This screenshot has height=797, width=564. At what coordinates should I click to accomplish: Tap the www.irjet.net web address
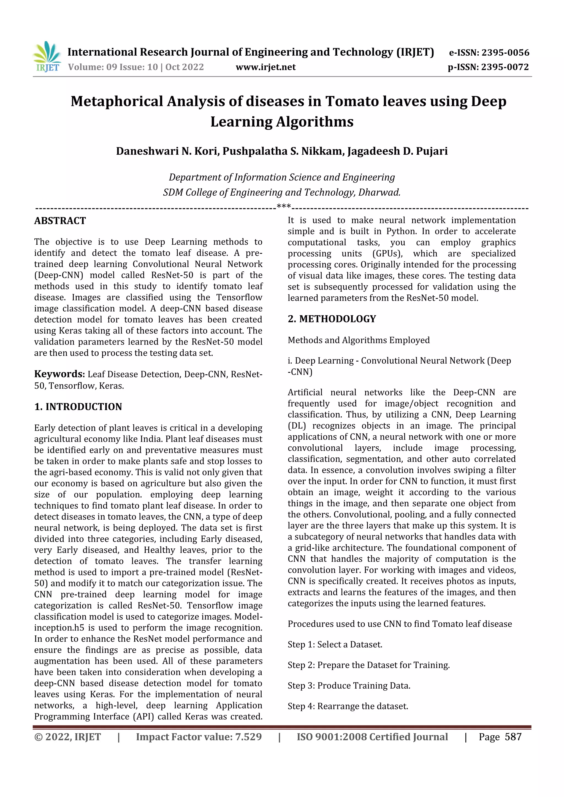(266, 67)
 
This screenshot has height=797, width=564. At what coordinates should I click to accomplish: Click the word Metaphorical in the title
(117, 101)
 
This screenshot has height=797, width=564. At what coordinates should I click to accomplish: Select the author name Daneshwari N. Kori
(168, 151)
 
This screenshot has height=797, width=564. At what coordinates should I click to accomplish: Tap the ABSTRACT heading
(60, 221)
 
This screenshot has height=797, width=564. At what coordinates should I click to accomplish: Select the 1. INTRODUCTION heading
(78, 407)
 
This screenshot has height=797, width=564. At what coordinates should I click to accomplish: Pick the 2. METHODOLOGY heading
(332, 319)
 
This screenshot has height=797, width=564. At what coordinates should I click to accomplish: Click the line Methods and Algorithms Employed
(358, 340)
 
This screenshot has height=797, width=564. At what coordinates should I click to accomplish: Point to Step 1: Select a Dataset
(335, 645)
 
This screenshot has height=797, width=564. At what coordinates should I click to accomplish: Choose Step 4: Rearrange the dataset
(348, 706)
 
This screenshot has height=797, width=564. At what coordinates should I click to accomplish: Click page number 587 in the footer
(513, 737)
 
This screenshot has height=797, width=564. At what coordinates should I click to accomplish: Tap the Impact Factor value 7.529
(248, 737)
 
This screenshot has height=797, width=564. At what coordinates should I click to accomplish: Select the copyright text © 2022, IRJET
(68, 737)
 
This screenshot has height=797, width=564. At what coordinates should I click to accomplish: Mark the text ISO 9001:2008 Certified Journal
(372, 737)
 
